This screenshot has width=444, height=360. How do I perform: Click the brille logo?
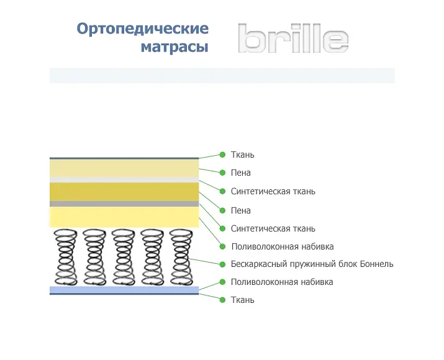click(293, 38)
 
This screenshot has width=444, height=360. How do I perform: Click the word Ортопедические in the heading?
click(143, 29)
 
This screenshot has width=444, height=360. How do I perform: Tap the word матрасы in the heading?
click(174, 47)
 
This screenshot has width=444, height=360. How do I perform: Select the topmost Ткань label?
click(242, 155)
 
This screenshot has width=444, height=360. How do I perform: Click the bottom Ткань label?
click(242, 300)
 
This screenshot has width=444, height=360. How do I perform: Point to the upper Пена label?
click(241, 173)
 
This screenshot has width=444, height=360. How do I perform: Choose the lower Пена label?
click(241, 210)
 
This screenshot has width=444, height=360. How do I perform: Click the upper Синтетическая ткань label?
click(273, 191)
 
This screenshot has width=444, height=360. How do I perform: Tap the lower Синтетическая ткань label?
click(273, 228)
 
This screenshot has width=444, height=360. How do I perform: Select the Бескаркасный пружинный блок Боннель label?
click(312, 264)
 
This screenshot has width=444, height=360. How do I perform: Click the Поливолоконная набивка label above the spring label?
click(283, 246)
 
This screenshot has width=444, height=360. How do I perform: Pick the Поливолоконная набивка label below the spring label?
click(282, 282)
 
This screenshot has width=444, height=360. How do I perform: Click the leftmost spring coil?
click(66, 257)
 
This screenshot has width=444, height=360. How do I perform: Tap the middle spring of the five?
click(124, 257)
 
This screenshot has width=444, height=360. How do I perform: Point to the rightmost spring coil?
click(181, 257)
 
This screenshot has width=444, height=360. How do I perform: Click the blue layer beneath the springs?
click(124, 289)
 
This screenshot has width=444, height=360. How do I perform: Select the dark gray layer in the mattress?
click(124, 204)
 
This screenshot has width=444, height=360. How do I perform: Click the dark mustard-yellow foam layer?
click(124, 192)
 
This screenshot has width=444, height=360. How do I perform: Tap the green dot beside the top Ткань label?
click(222, 155)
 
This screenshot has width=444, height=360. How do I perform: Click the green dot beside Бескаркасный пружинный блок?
click(222, 264)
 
